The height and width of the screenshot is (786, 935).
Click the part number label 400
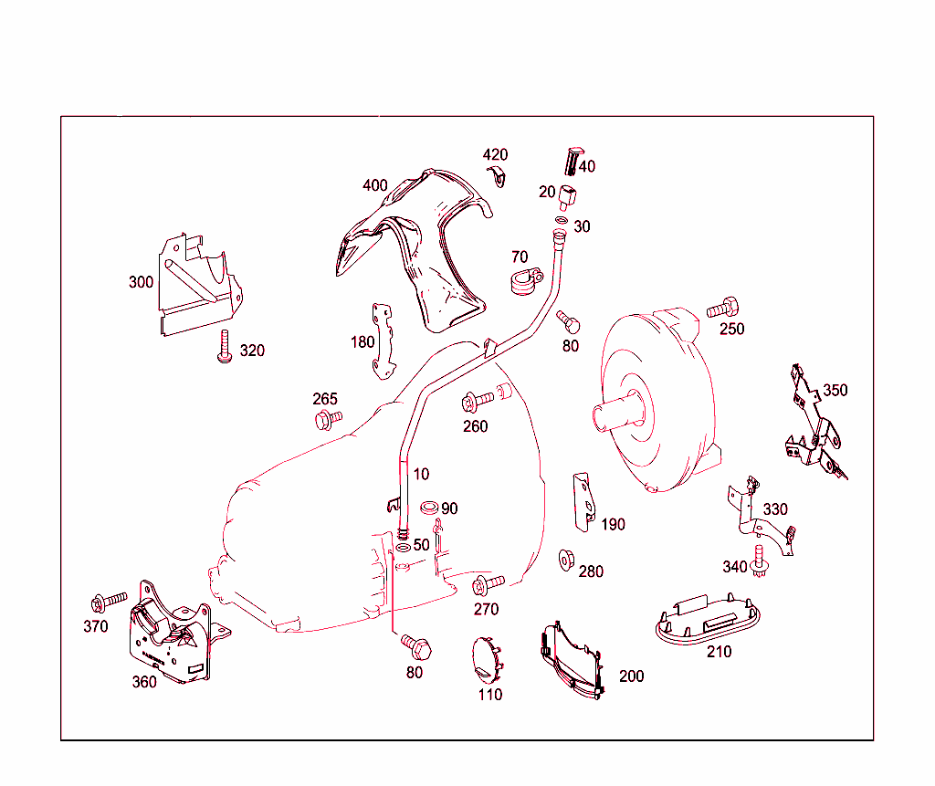(x=374, y=185)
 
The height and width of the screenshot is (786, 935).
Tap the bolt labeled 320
(x=223, y=347)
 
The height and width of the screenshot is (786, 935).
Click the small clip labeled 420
(x=498, y=176)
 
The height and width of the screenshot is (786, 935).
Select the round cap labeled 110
(x=487, y=659)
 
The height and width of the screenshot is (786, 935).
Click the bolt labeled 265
(x=326, y=419)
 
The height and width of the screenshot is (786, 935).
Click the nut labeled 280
(x=565, y=559)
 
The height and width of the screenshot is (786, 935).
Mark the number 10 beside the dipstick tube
(x=421, y=475)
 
